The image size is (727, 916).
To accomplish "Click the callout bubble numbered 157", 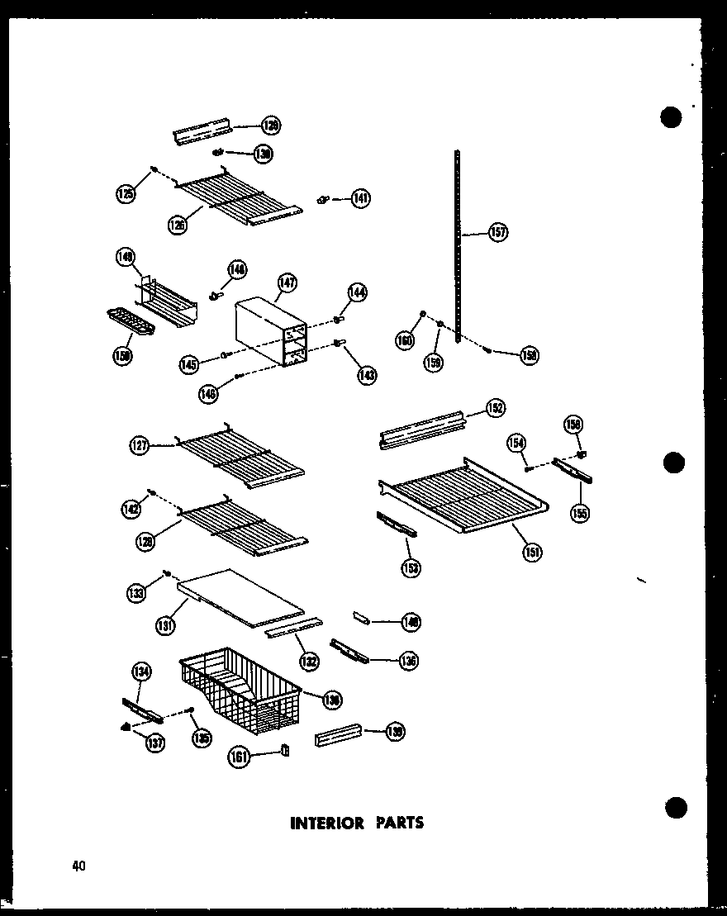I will coord(498,232).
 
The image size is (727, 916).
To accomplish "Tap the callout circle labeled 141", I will coord(361,198).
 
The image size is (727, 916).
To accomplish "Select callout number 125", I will coord(125,195).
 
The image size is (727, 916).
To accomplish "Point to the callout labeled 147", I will coord(287,283).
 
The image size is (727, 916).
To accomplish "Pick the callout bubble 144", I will coord(358,292).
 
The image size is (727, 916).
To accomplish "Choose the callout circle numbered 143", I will coord(367,374).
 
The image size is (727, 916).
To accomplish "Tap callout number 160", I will coord(404,339).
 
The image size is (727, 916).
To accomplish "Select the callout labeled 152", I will coord(496,407).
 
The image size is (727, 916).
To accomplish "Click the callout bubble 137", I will coord(154,743).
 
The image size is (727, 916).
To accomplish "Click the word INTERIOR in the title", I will coord(326,823).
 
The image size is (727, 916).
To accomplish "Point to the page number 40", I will coord(78,865).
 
